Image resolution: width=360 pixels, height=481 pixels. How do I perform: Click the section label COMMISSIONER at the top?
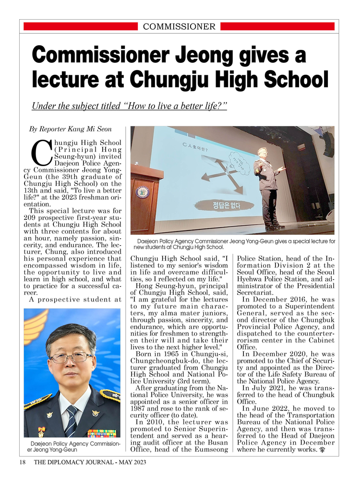(179, 26)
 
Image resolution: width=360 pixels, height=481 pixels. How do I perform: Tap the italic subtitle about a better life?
(129, 106)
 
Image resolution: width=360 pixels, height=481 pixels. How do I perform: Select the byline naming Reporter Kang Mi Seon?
(70, 129)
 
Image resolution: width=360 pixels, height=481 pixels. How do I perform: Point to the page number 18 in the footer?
(23, 462)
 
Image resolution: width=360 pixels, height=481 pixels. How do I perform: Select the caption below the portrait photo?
(72, 447)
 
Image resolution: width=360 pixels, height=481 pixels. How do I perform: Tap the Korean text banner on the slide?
(226, 206)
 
